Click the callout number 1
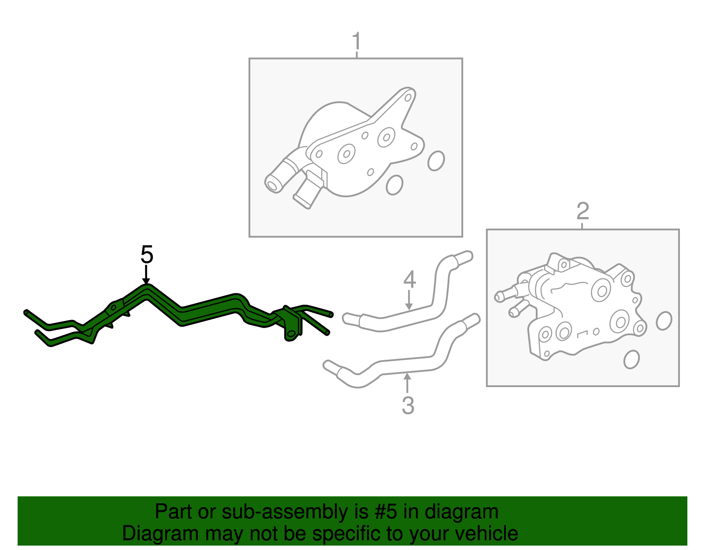[x=356, y=41]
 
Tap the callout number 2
[x=583, y=211]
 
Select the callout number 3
[x=408, y=405]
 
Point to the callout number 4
[x=409, y=280]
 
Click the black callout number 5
[x=147, y=255]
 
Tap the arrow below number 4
[x=409, y=300]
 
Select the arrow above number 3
[x=408, y=383]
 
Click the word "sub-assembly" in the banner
[x=295, y=511]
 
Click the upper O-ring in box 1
[x=436, y=161]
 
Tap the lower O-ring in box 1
[x=394, y=185]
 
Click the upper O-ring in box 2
[x=664, y=321]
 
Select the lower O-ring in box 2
[x=631, y=359]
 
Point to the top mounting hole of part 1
[x=408, y=97]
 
